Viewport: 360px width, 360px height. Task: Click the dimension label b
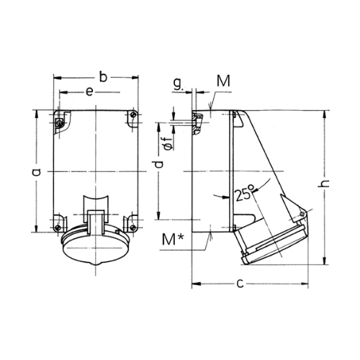[103, 77]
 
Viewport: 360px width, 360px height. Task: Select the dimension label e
[89, 92]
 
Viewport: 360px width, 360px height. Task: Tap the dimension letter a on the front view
[37, 171]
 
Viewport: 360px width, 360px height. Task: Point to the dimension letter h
[325, 184]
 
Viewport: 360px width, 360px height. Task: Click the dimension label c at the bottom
[240, 284]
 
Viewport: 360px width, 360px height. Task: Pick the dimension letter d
[158, 164]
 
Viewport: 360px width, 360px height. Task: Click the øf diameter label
[169, 144]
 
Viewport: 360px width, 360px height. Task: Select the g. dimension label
[178, 84]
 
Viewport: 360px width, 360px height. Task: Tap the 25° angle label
[244, 193]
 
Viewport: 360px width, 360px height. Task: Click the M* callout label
[173, 239]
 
